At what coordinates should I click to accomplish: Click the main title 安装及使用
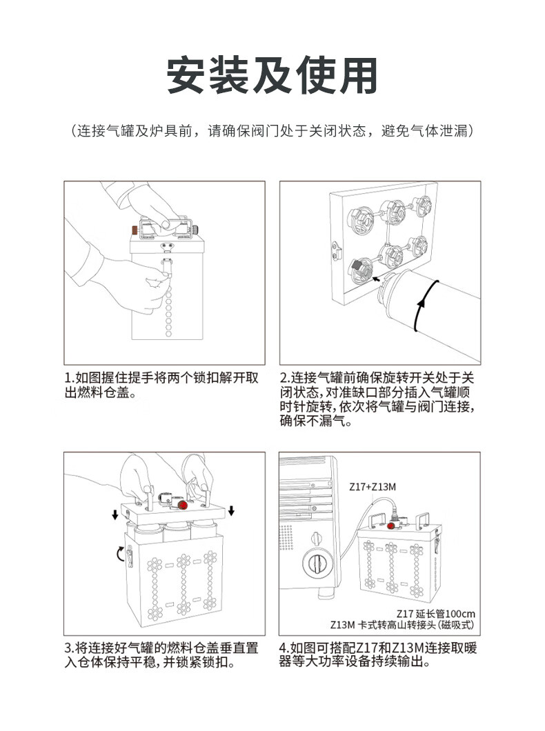point(272,75)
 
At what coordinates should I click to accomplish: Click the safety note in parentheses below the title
point(272,131)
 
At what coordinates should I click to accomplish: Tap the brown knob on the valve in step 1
point(135,230)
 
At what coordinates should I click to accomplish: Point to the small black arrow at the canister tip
point(376,279)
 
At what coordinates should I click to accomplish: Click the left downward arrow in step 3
point(115,514)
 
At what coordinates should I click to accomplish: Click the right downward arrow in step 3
point(231,511)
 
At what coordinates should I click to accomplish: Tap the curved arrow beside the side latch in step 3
point(119,554)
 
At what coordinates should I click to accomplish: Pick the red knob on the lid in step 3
point(184,505)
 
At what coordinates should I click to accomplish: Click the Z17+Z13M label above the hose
point(373,487)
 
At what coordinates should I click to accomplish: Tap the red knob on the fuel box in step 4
point(390,526)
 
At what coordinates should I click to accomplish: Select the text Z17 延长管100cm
point(436,614)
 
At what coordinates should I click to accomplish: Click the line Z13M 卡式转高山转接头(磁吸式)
point(402,625)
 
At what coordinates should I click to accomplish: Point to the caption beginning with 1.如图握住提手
point(161,385)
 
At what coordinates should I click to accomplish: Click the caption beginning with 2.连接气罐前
point(377,399)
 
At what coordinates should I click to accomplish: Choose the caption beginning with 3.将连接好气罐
point(161,655)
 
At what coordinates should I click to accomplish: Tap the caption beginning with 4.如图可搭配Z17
point(378,654)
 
